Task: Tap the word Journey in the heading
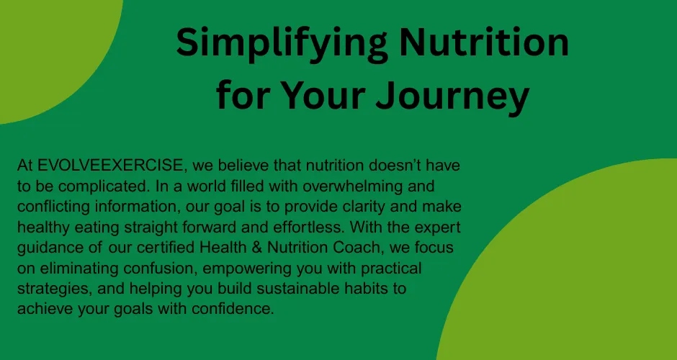pyautogui.click(x=452, y=95)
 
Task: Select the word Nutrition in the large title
pyautogui.click(x=483, y=42)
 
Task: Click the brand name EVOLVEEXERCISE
pyautogui.click(x=110, y=165)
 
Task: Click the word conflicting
pyautogui.click(x=53, y=207)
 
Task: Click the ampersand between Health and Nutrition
pyautogui.click(x=254, y=248)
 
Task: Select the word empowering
pyautogui.click(x=248, y=269)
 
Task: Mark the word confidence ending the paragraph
pyautogui.click(x=233, y=309)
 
